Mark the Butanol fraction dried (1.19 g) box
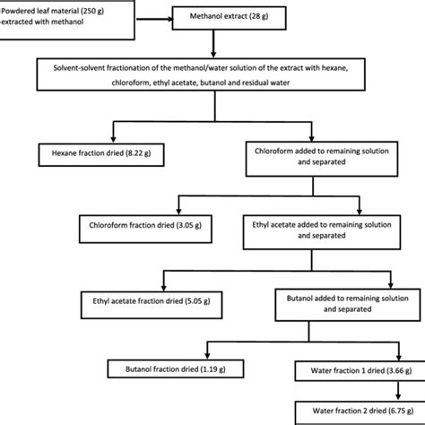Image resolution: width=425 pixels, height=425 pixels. [175, 368]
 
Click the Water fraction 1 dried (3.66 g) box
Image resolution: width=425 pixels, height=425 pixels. [355, 369]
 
